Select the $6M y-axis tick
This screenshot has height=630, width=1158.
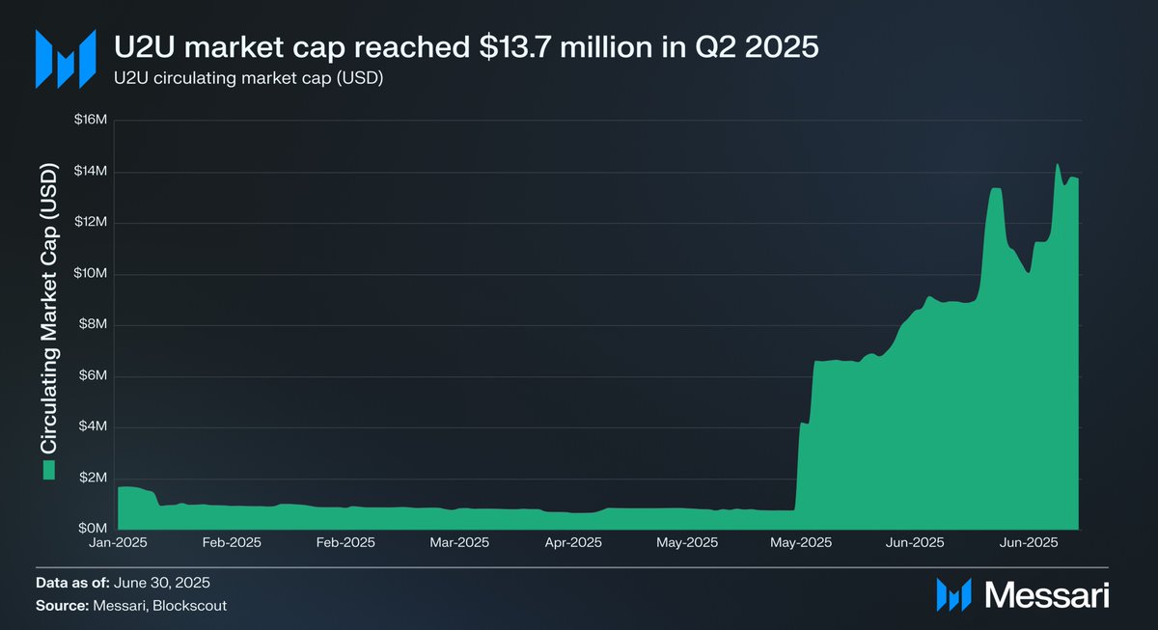92,376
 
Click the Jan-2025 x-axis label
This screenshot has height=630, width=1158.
118,543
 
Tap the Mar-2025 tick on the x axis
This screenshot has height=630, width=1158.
459,543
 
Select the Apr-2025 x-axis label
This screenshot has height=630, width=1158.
573,543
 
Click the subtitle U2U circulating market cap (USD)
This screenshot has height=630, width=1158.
249,79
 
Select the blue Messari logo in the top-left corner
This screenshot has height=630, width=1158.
66,59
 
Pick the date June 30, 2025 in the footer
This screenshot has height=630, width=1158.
162,583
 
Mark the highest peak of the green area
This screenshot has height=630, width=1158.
1058,164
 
